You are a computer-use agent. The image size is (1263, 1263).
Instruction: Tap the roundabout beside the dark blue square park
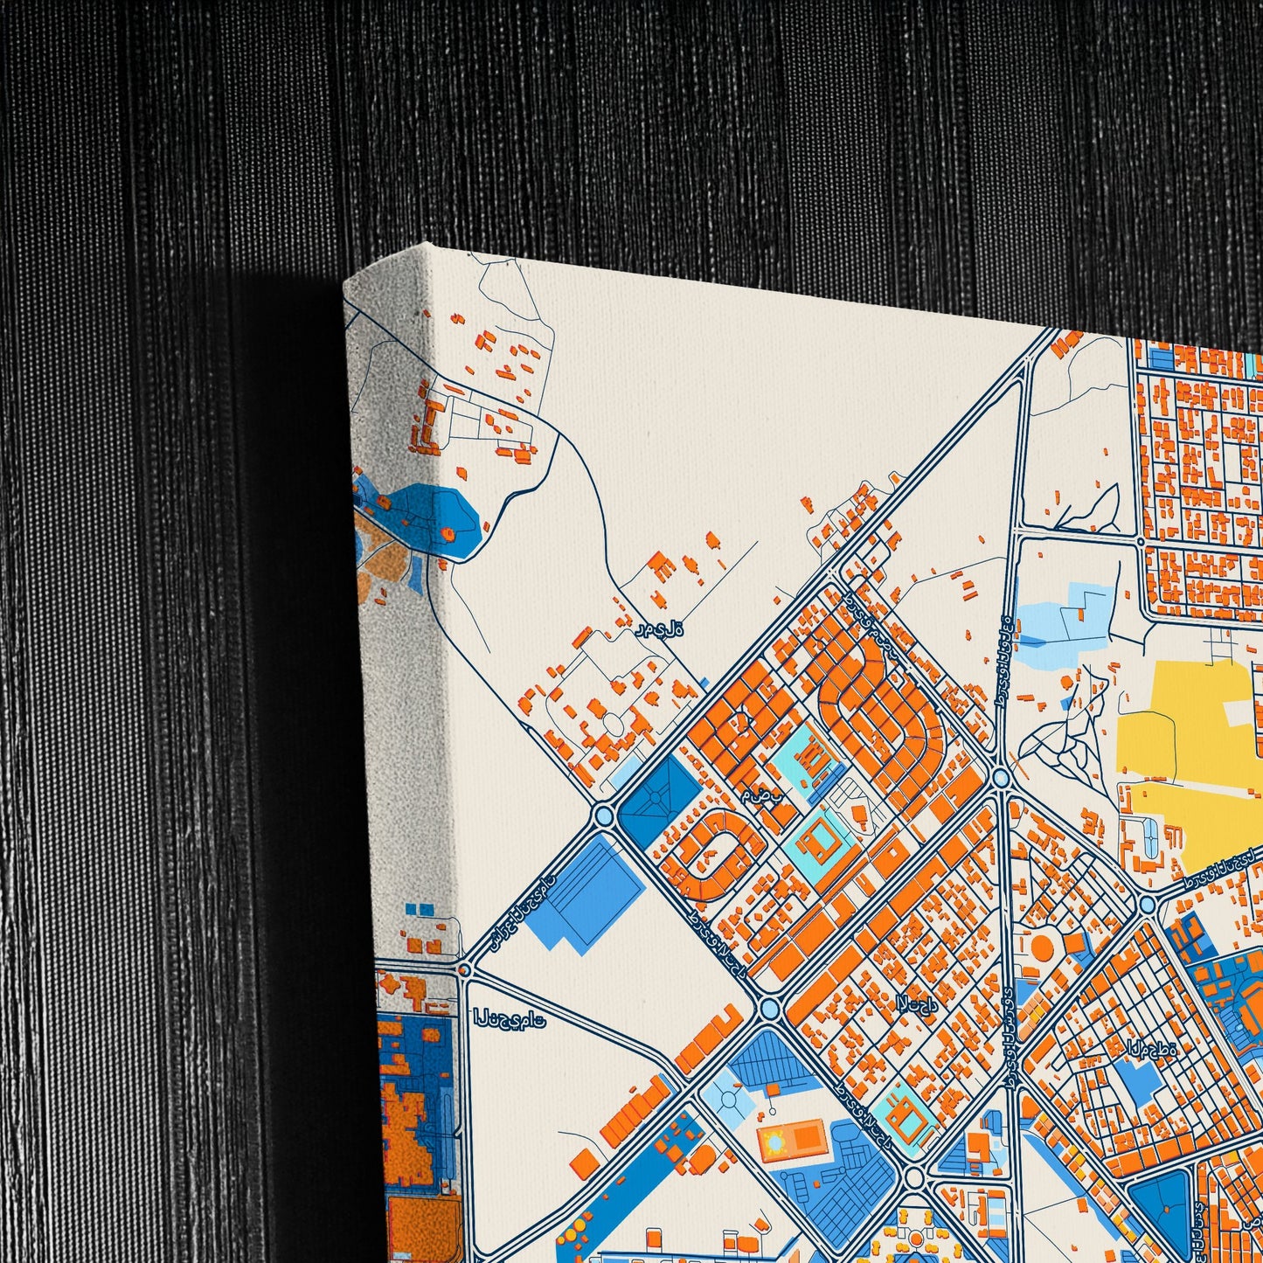602,816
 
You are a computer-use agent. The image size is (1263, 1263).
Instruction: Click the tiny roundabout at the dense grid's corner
1142,542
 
